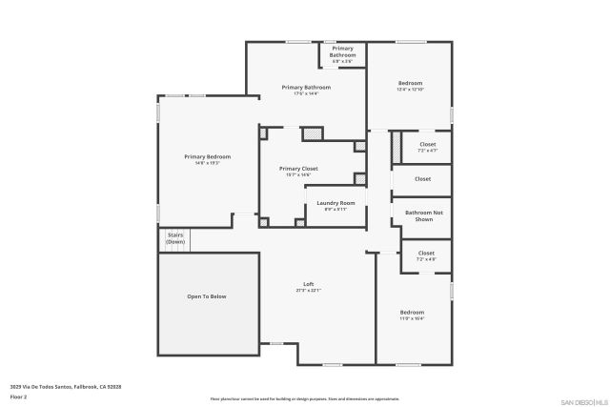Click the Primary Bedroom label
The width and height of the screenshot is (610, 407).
tap(208, 156)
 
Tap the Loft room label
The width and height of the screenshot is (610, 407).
tap(308, 284)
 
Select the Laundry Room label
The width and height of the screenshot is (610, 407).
tap(335, 203)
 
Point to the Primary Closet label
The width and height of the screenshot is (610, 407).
tap(298, 169)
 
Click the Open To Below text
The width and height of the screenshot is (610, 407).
tap(207, 296)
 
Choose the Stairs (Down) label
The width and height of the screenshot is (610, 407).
tap(175, 238)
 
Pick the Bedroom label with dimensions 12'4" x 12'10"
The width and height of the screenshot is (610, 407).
tap(410, 83)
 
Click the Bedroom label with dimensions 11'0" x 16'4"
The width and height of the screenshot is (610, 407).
tap(412, 313)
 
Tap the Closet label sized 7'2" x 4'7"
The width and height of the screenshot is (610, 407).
tap(427, 145)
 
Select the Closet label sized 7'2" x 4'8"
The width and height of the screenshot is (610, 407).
tap(426, 254)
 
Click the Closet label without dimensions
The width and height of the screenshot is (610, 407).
tap(422, 178)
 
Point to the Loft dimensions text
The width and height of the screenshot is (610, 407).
tap(308, 291)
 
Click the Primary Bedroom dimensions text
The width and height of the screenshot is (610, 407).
tap(208, 163)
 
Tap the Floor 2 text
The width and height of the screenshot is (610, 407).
tap(19, 396)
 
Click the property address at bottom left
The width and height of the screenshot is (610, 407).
tap(66, 387)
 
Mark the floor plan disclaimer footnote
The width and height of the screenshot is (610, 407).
tap(305, 398)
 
